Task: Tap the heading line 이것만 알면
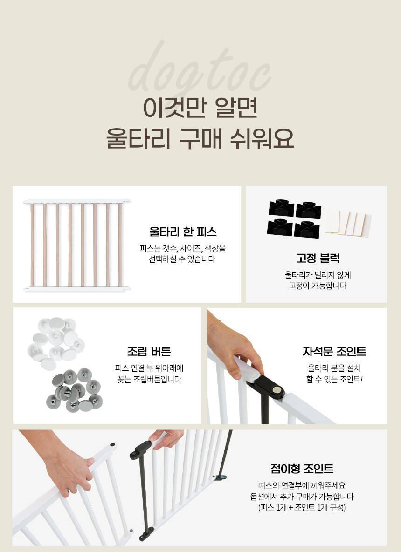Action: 200,108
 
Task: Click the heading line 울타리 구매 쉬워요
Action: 200,138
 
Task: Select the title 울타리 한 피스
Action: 182,232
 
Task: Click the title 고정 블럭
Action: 318,258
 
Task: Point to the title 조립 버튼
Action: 149,351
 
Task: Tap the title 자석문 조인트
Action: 334,351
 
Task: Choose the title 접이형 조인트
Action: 302,469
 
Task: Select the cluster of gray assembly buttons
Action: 74,390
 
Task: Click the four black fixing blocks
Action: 294,218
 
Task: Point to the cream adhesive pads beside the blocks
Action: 348,223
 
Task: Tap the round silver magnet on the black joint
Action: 278,390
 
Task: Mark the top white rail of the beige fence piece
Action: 76,201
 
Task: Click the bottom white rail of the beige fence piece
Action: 76,289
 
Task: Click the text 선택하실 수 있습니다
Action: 182,259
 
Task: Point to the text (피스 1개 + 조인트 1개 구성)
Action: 302,508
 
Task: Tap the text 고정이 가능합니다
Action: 318,286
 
